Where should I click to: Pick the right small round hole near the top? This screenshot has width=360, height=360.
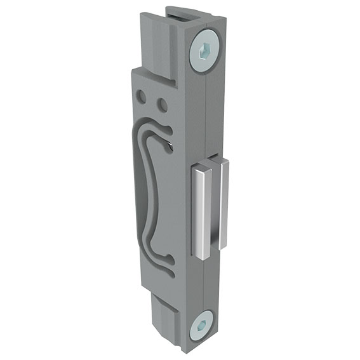tap(163, 103)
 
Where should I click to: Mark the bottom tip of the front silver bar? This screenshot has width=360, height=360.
tap(201, 257)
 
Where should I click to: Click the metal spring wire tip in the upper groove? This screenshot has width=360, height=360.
tap(173, 147)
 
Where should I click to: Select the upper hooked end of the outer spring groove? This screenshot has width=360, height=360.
tap(167, 130)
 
